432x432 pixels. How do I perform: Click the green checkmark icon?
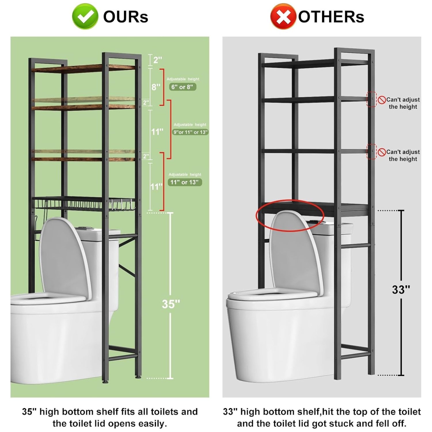[85, 16]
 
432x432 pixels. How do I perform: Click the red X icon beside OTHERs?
[283, 16]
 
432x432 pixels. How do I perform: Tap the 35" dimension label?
[171, 304]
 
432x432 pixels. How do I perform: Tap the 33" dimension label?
[401, 289]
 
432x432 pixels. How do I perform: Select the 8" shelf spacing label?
[156, 87]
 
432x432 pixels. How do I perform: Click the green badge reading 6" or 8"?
[183, 87]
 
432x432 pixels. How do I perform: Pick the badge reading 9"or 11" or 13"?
[190, 132]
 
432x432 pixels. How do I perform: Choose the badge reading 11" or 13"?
[185, 182]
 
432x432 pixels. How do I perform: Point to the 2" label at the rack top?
[158, 60]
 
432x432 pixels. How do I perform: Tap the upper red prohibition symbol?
[382, 100]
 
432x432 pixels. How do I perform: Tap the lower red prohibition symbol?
[382, 152]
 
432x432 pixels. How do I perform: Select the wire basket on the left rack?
[84, 204]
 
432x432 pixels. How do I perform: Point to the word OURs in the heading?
[126, 17]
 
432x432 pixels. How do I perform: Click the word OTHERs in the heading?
[331, 17]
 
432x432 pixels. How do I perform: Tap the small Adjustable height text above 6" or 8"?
[183, 79]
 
